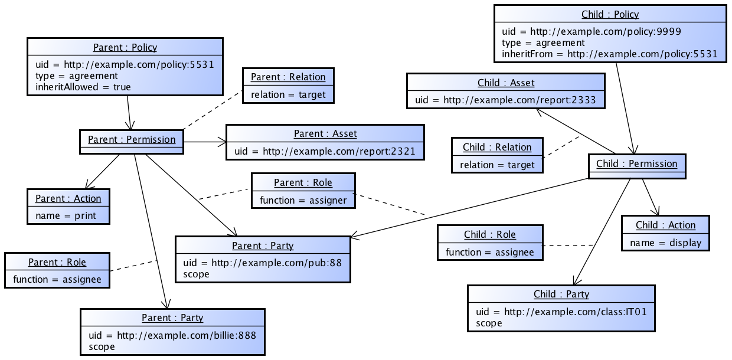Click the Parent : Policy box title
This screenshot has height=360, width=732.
(x=125, y=47)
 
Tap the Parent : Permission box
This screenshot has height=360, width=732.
(x=131, y=140)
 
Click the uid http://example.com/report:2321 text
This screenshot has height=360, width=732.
(x=325, y=151)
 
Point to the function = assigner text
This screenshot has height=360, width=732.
(x=303, y=200)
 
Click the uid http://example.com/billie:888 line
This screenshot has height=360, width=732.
(x=172, y=335)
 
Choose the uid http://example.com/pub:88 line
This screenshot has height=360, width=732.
(x=262, y=263)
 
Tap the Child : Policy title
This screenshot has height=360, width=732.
(x=610, y=14)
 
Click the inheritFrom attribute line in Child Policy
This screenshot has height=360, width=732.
(x=609, y=54)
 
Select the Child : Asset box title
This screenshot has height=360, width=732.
(x=505, y=83)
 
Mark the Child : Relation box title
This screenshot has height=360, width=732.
(x=496, y=147)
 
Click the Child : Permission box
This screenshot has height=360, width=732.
(x=636, y=164)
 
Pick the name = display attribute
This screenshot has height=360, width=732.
(x=665, y=243)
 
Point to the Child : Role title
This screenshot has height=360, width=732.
(x=489, y=234)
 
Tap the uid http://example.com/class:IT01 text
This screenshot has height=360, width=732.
(x=561, y=311)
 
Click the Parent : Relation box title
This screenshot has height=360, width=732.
(x=287, y=77)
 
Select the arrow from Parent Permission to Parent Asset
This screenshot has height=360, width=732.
(x=204, y=142)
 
